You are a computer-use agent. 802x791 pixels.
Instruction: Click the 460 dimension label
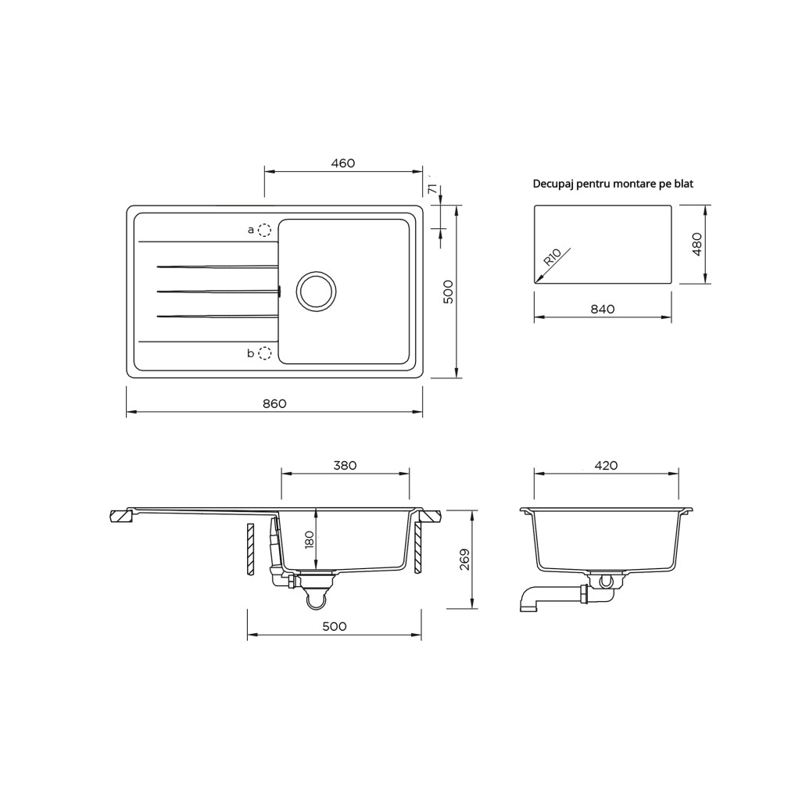342,163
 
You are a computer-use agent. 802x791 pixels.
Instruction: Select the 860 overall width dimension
274,403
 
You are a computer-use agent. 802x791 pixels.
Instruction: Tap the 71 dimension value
433,188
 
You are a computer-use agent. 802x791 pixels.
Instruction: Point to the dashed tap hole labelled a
264,230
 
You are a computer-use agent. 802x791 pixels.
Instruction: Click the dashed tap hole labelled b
264,353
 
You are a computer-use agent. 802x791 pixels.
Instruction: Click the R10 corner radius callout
552,256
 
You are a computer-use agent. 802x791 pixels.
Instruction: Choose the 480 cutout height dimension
696,245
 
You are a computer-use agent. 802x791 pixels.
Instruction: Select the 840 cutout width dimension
603,310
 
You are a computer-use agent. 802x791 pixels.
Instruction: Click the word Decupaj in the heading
553,184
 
